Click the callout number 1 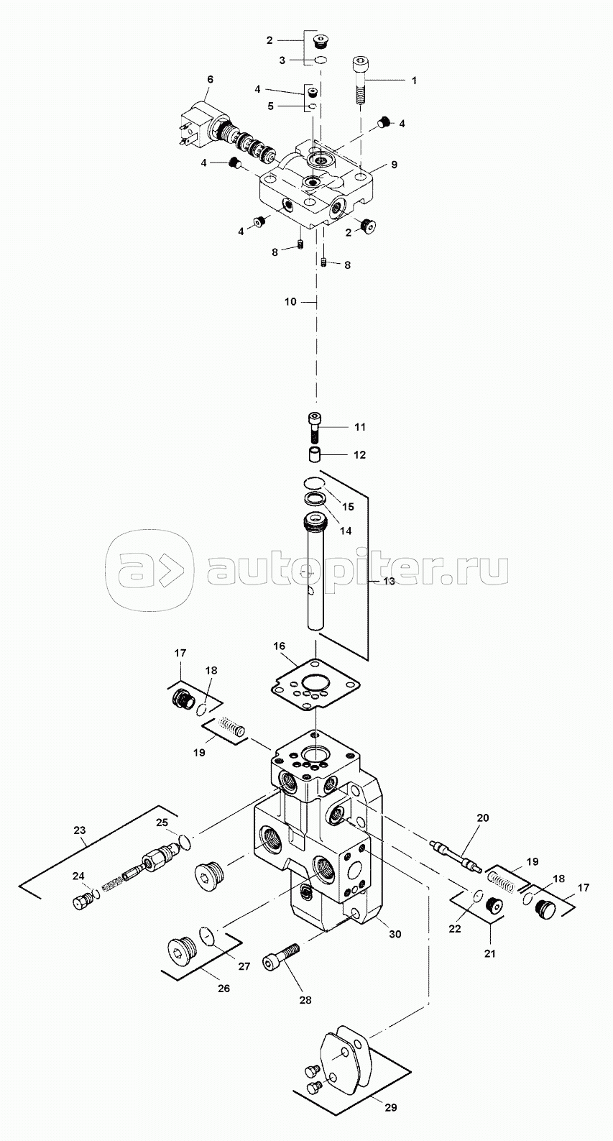(413, 81)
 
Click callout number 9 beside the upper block (394, 164)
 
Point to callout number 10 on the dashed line (290, 302)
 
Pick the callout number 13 (388, 580)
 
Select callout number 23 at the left (79, 830)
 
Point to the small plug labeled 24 (84, 901)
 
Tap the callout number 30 (395, 934)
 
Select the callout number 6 (210, 78)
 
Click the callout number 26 (223, 989)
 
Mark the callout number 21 (489, 954)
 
